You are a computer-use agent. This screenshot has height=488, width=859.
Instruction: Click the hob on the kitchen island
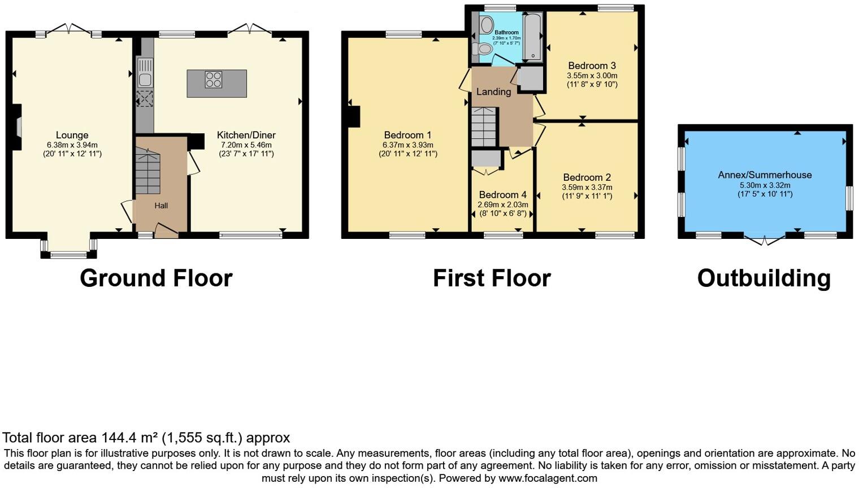[214, 80]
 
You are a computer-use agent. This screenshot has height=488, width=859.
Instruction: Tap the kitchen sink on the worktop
[145, 72]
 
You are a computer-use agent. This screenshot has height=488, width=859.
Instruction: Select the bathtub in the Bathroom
[532, 37]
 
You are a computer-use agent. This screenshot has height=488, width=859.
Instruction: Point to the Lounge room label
[72, 135]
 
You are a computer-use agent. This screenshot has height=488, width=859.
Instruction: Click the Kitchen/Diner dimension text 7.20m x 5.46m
[246, 145]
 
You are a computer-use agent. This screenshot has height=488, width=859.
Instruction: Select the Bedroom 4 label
[502, 195]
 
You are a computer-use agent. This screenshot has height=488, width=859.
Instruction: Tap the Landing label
[493, 91]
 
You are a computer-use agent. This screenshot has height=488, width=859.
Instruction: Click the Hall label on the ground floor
[161, 206]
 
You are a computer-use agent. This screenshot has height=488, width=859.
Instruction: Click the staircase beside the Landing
[484, 127]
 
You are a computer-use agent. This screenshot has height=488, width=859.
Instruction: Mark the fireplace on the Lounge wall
[18, 127]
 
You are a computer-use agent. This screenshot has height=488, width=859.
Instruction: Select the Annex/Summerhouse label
[765, 175]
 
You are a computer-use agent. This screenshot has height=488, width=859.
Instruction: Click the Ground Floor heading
[156, 278]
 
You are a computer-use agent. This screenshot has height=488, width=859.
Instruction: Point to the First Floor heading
[492, 278]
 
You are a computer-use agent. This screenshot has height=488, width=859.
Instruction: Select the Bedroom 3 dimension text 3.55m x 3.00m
[592, 76]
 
